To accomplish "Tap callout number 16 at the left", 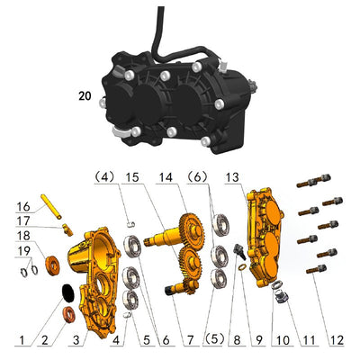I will point(23,205).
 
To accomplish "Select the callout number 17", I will point(23,220).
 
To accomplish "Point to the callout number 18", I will point(23,236).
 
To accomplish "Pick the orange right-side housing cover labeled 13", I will point(265,238).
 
